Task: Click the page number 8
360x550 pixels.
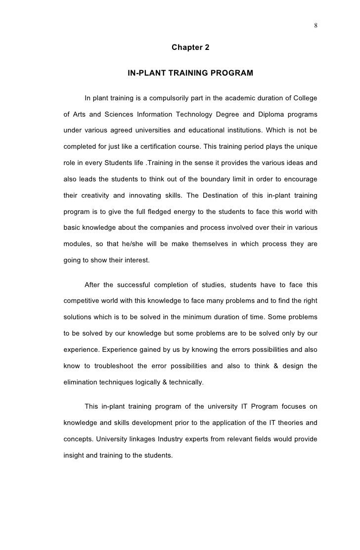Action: point(315,26)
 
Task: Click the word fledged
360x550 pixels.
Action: point(162,212)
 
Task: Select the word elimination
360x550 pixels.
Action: point(81,382)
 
